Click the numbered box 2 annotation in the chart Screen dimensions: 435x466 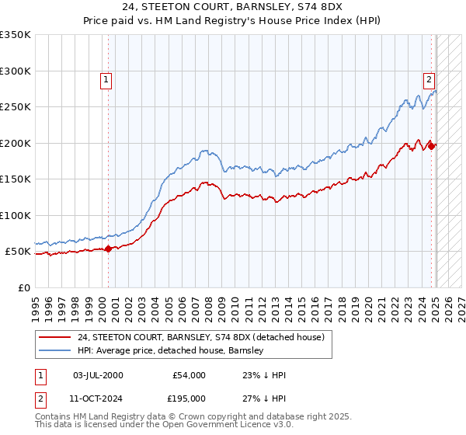[428, 78]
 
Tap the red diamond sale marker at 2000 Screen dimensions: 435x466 [108, 249]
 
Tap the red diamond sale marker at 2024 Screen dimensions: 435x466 [433, 146]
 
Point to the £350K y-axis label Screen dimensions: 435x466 [16, 35]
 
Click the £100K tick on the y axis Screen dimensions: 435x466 [16, 215]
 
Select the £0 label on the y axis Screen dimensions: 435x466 [23, 287]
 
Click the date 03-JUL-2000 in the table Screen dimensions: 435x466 [98, 375]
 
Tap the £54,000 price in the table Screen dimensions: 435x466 [189, 375]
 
